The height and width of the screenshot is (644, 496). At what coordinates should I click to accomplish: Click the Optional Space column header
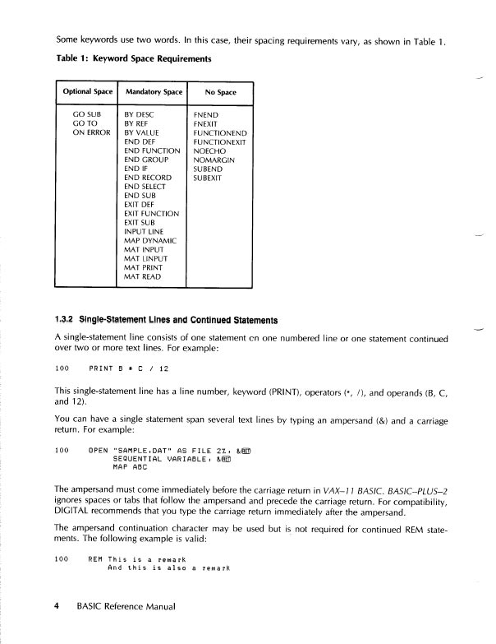coord(87,92)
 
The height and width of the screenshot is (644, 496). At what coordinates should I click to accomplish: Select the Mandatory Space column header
coord(153,92)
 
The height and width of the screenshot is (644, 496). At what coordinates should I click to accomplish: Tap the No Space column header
coord(220,92)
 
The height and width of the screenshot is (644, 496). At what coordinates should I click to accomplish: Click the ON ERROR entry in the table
coord(92,132)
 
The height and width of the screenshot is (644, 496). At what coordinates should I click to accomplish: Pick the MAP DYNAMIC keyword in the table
coord(150,239)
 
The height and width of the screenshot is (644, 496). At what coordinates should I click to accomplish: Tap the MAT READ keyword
coord(143,277)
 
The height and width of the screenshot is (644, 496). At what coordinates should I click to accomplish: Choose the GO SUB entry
coord(87,114)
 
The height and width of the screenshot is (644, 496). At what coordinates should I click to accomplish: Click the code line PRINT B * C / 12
coord(130,367)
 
